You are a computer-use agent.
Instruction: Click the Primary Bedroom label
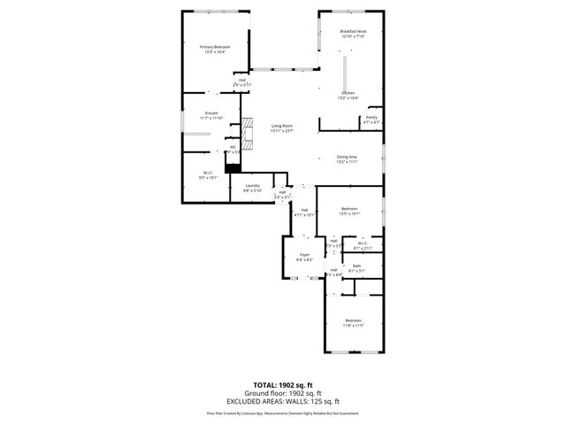(x=216, y=49)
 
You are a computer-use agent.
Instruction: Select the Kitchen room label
(x=348, y=95)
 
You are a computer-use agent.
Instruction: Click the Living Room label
(x=281, y=128)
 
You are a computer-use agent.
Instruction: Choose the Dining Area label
(x=347, y=158)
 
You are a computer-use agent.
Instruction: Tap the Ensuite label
(x=211, y=115)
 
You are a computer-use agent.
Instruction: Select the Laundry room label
(x=252, y=187)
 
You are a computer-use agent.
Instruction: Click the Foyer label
(x=303, y=257)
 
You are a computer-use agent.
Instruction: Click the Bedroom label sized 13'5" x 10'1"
(x=350, y=210)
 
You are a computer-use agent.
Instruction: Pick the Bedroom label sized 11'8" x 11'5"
(x=353, y=322)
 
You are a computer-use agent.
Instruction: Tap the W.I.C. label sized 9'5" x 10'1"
(x=207, y=174)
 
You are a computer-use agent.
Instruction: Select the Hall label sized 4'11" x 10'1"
(x=304, y=212)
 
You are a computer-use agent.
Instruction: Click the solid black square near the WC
(x=233, y=167)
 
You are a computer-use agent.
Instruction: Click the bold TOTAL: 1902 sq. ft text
(x=284, y=385)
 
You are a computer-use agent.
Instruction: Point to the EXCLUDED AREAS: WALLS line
(x=284, y=402)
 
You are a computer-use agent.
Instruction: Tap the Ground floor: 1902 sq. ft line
(x=284, y=394)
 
